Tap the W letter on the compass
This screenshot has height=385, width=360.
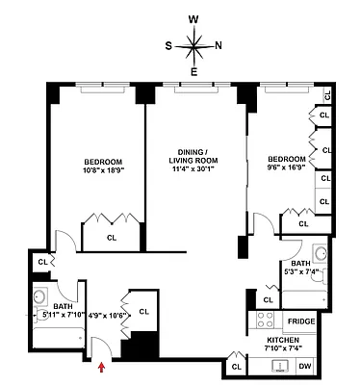click(193, 18)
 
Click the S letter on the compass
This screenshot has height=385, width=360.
click(168, 44)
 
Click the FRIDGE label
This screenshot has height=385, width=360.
click(301, 321)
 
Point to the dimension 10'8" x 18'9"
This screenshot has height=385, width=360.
click(98, 173)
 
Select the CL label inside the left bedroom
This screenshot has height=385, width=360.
click(112, 237)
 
